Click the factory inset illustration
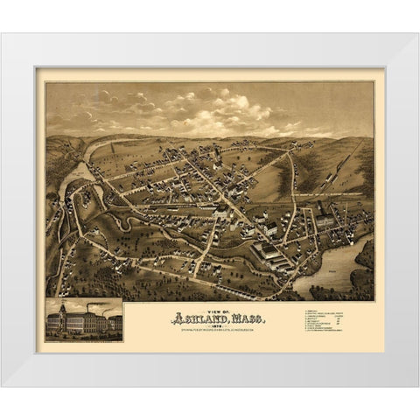click(84, 320)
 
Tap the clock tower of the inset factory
click(66, 309)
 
